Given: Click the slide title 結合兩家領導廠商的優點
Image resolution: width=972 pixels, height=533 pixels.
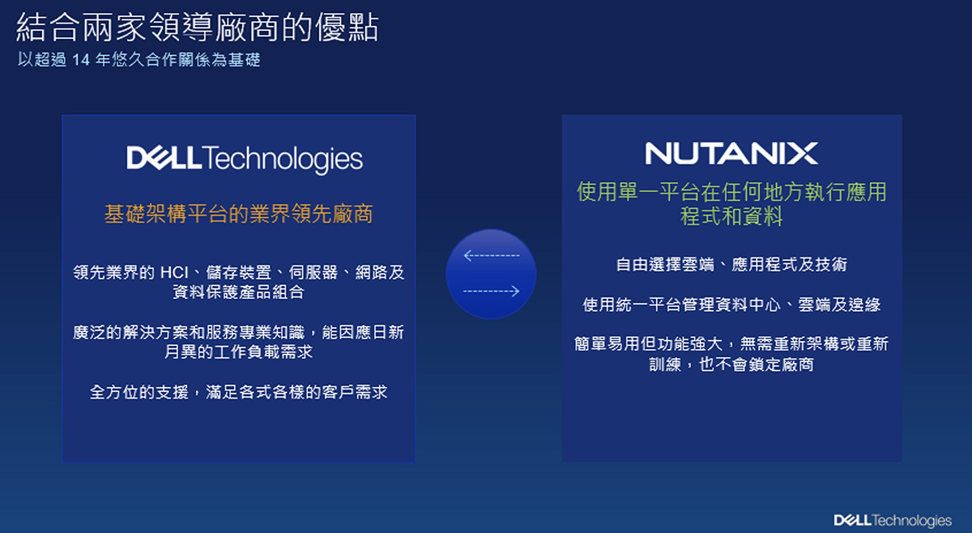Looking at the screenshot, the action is [x=198, y=28].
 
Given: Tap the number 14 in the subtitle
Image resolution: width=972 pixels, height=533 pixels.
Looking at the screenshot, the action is [x=81, y=60].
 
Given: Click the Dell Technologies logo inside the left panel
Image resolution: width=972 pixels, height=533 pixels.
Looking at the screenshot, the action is [x=245, y=159].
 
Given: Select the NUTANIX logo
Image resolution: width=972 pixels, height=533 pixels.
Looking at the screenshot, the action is [x=731, y=153].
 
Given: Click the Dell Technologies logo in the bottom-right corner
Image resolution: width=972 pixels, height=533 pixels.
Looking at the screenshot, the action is [x=893, y=520].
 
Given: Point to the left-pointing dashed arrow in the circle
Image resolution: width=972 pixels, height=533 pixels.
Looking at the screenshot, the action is [x=491, y=255].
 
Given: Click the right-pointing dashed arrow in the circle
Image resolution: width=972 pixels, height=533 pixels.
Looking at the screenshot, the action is [x=491, y=291].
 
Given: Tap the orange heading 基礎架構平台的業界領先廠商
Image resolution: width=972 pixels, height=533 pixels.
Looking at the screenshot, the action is [x=239, y=214].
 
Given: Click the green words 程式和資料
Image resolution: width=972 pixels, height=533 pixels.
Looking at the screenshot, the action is [x=731, y=216].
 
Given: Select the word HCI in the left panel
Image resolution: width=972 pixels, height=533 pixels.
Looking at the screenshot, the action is [x=174, y=273].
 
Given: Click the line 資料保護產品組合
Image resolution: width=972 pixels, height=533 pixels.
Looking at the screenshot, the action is [x=239, y=292].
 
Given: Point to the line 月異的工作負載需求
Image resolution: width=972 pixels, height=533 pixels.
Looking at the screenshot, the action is [x=239, y=352].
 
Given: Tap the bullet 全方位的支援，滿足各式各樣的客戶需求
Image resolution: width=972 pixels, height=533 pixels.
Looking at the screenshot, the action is [x=239, y=392].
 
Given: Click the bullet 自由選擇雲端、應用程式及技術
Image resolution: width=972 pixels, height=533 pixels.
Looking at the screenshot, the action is [x=731, y=264].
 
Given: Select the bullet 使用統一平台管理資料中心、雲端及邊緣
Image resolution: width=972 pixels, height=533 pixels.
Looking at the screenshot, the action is [x=731, y=305].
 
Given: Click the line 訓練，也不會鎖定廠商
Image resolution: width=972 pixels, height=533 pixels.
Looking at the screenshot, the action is [x=731, y=365].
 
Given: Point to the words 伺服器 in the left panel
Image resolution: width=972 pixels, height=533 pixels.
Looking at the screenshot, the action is [x=313, y=273].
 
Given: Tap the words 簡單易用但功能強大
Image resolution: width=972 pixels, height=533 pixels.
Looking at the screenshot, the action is [x=649, y=343].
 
